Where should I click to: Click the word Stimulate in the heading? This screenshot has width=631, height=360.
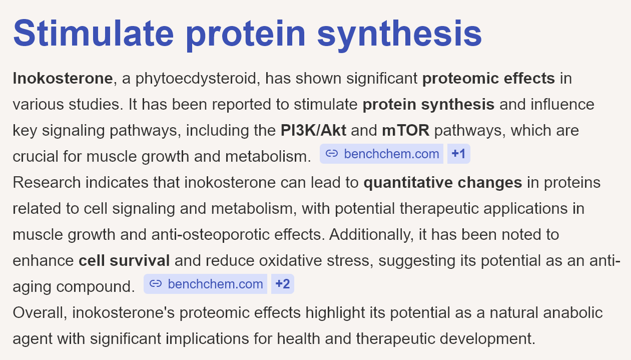coord(93,33)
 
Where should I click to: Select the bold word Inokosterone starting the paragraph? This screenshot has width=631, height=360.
coord(63,78)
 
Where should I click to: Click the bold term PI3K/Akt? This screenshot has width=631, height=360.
coord(313,130)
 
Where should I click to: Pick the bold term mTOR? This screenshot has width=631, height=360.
coord(406,130)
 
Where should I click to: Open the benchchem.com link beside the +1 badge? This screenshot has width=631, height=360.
coord(391,154)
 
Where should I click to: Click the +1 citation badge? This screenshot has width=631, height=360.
coord(458,154)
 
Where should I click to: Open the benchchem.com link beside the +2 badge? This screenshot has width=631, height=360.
coord(216,284)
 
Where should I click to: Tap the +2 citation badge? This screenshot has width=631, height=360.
coord(283,284)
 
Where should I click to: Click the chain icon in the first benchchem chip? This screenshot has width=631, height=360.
coord(332,154)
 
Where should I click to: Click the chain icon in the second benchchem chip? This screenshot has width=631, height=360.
coord(156,283)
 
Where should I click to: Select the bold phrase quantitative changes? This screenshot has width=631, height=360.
coord(443,183)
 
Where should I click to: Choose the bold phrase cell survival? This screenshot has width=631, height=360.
coord(124,260)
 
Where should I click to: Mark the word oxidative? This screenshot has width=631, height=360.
coord(290,260)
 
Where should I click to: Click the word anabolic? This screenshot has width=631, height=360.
coord(573,312)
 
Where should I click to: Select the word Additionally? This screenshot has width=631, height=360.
coord(371,235)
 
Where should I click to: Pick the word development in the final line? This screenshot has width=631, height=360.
coord(487,339)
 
